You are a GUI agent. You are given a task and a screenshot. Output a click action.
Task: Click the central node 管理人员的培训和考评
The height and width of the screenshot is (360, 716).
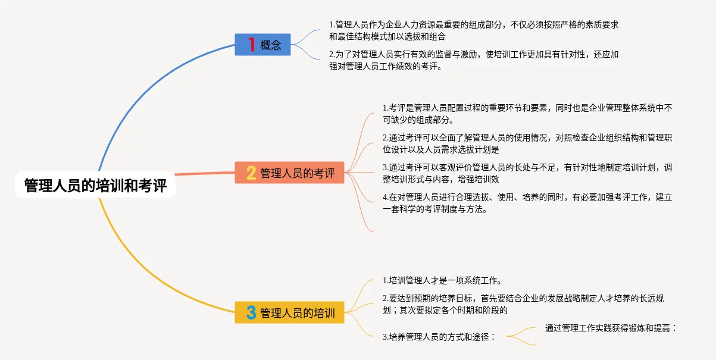point(95,186)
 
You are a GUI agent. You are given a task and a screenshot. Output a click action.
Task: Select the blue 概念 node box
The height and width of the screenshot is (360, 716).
point(262,45)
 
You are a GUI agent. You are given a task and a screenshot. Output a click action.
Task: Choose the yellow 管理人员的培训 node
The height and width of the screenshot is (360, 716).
point(290,312)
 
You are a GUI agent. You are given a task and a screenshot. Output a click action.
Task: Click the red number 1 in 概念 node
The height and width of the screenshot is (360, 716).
point(251,45)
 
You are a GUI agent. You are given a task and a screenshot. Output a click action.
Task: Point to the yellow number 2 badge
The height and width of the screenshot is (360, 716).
point(251,173)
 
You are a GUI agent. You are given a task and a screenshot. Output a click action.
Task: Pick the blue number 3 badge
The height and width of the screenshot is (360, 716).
point(251,312)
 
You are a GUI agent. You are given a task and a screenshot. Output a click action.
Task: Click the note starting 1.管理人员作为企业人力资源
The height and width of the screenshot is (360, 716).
point(474,30)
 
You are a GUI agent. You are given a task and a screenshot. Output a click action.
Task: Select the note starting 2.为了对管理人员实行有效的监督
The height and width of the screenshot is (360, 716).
point(474,61)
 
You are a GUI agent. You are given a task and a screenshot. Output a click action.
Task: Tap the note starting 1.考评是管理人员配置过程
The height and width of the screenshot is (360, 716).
point(527,114)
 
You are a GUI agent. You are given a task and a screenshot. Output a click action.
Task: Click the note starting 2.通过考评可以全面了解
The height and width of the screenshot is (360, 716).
point(527,143)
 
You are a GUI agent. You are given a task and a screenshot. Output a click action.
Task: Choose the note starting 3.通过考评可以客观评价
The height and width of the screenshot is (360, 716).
point(527,173)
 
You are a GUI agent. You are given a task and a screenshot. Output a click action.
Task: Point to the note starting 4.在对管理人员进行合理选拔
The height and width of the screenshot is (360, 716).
point(527,203)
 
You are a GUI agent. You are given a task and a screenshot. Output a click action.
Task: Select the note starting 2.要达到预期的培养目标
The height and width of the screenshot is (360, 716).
point(527,303)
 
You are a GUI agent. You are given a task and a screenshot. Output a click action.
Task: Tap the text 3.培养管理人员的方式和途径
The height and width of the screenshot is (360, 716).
point(439,336)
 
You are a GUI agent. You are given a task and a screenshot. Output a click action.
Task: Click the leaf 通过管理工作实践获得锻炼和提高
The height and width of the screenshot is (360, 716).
point(611,328)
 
